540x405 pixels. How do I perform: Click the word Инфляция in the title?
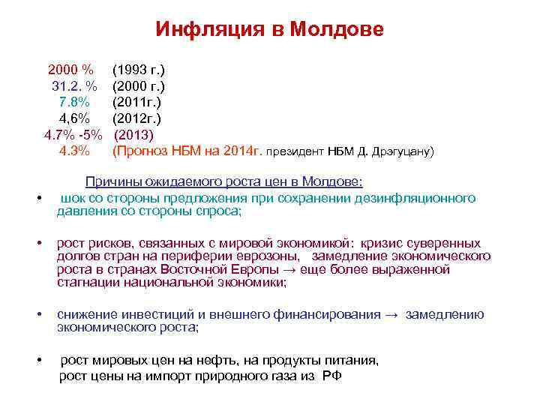click(x=202, y=29)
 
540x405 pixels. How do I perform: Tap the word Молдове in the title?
click(x=337, y=29)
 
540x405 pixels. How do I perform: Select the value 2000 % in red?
click(x=70, y=70)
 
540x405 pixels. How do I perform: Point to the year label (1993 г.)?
click(x=139, y=70)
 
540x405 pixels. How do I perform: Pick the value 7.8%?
click(x=74, y=102)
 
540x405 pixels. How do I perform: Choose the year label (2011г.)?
click(x=136, y=102)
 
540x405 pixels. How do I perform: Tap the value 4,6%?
click(x=74, y=118)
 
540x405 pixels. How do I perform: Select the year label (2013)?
click(x=133, y=135)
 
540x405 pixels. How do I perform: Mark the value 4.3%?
click(x=74, y=151)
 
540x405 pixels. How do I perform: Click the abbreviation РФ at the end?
click(x=331, y=376)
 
